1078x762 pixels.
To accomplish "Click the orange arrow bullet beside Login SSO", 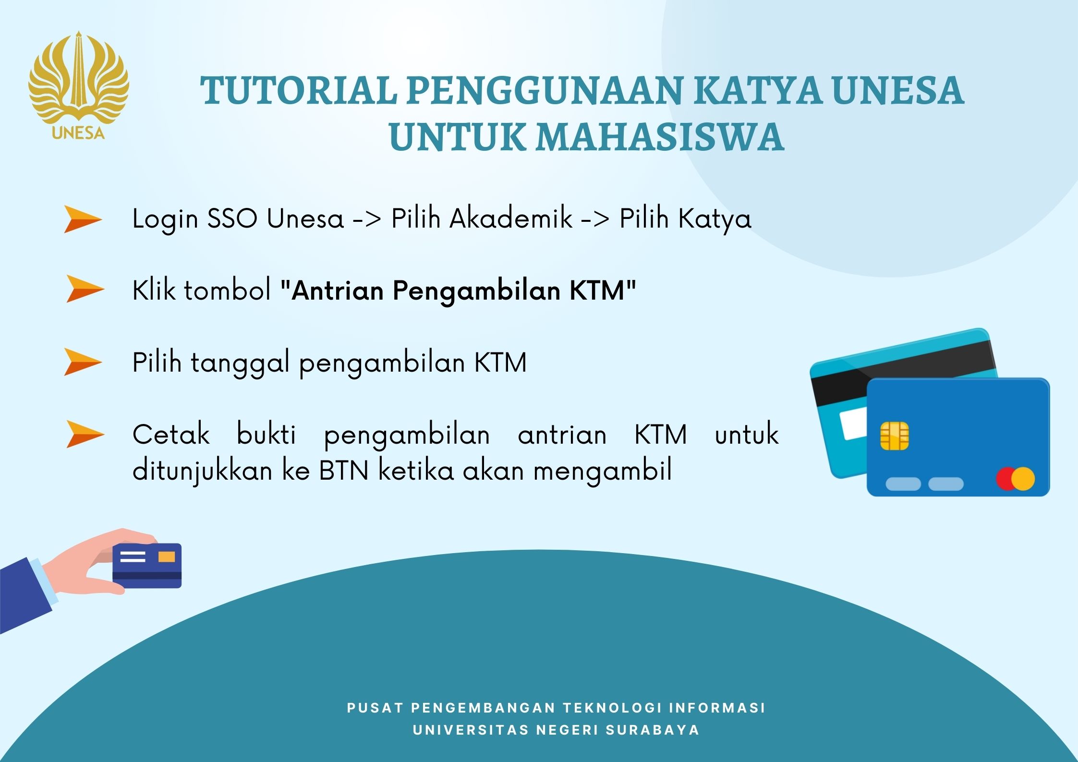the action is (x=83, y=219).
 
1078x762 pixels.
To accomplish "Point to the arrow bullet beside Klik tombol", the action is (x=85, y=289).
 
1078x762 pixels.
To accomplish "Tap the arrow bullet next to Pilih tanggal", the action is (x=83, y=362).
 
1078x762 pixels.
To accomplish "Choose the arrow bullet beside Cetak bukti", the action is (x=85, y=434).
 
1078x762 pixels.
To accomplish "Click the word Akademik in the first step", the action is (x=511, y=218).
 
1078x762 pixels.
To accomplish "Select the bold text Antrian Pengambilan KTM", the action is (x=458, y=290).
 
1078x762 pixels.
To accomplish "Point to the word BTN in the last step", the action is (x=344, y=471).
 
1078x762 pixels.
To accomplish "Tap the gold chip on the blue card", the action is (x=894, y=436).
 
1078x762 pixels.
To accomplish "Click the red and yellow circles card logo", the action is (x=1015, y=479).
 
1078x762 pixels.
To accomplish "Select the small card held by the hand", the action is (x=147, y=565).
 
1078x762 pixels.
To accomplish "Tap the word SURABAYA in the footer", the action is (x=653, y=730).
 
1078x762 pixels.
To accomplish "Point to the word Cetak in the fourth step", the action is (x=171, y=435).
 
